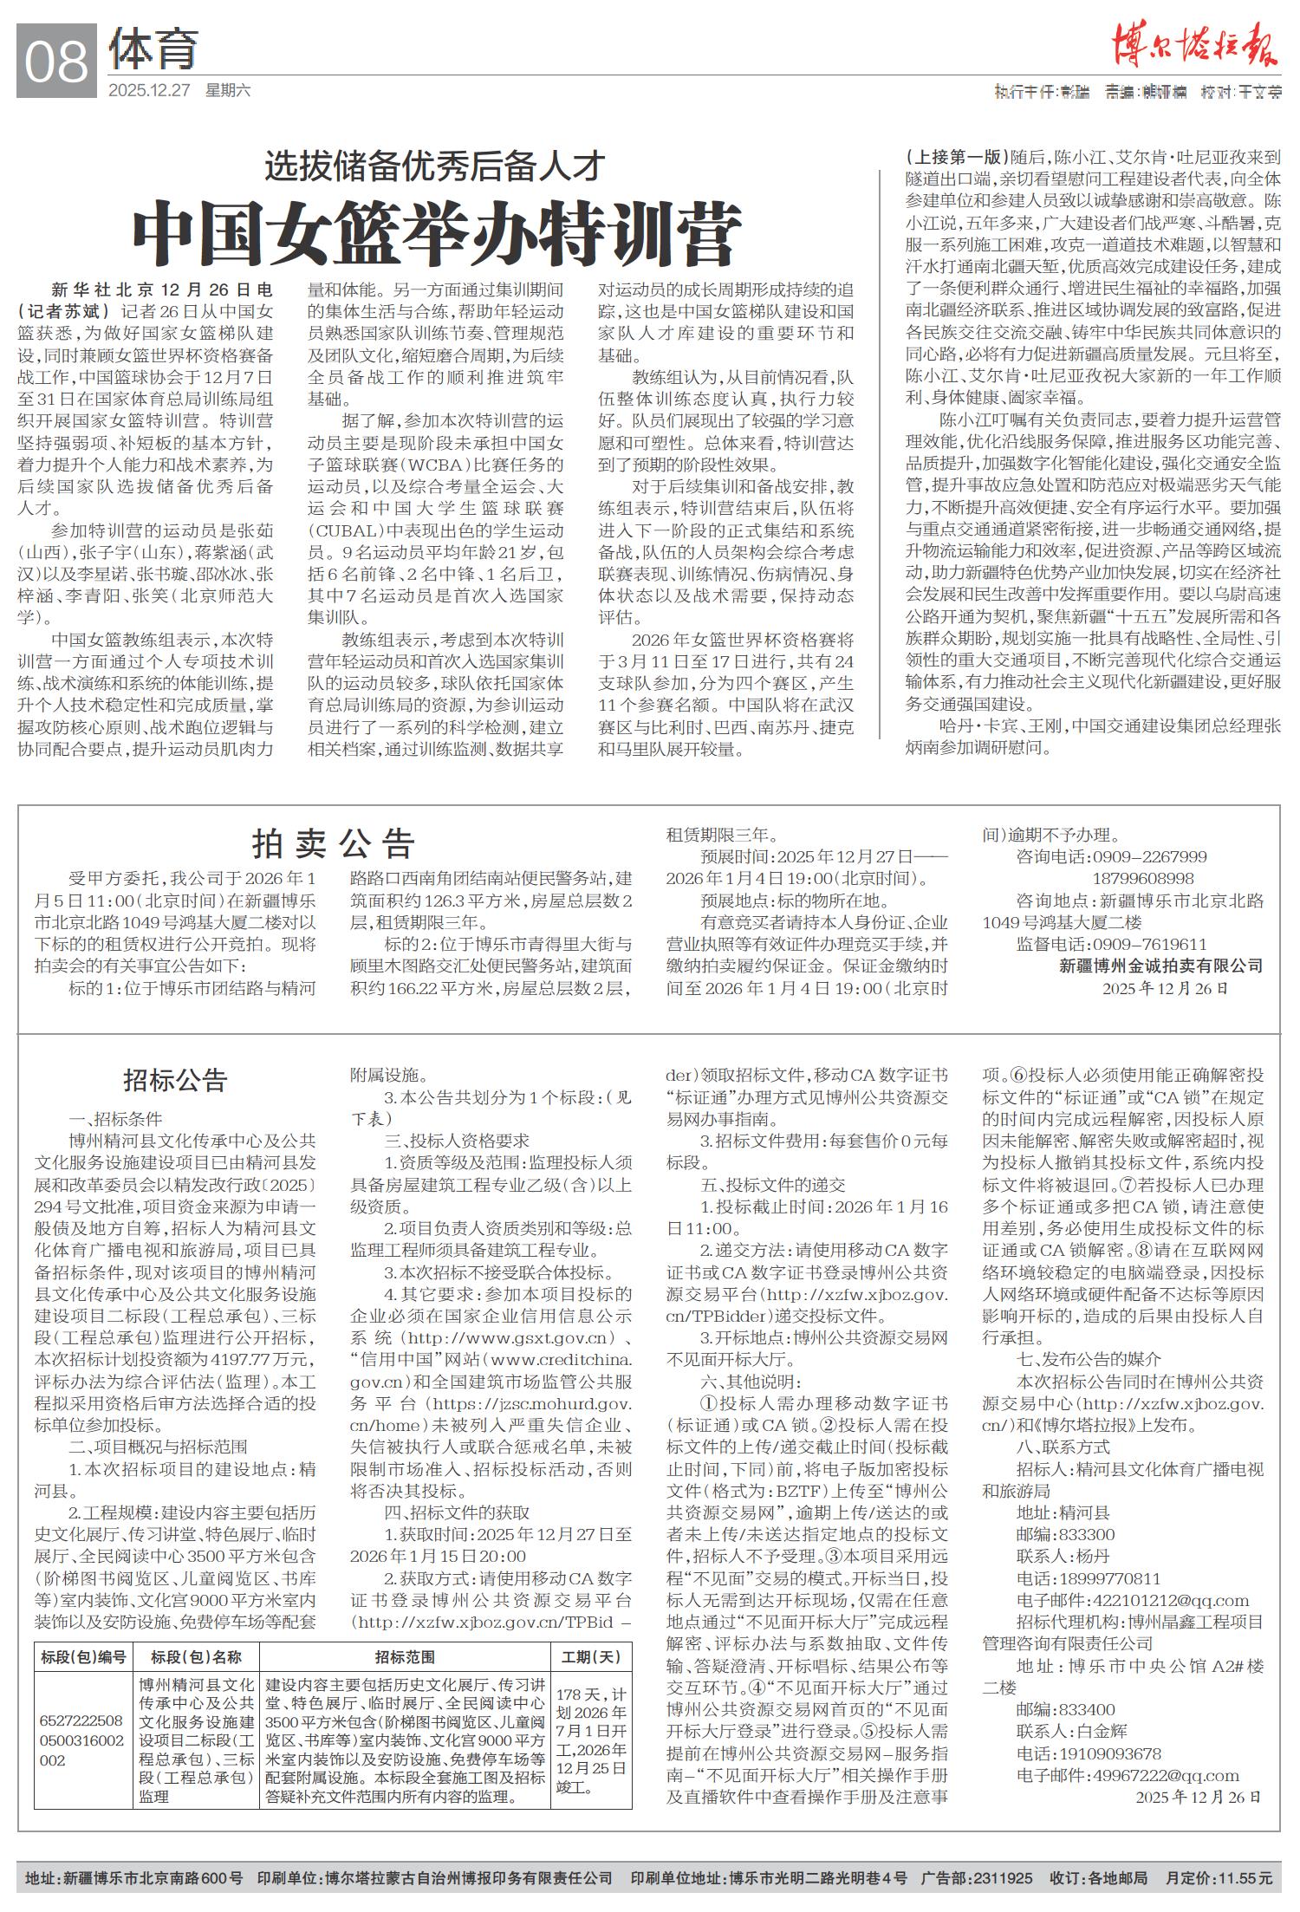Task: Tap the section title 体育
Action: point(153,50)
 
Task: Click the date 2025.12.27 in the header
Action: point(148,90)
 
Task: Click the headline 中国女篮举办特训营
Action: point(437,234)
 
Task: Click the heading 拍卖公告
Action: point(334,842)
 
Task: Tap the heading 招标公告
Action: point(175,1080)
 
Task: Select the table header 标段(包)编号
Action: point(83,1657)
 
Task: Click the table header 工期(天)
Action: point(591,1657)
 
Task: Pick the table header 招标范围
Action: point(405,1657)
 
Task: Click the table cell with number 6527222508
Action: point(81,1720)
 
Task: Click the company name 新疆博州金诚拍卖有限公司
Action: point(1160,966)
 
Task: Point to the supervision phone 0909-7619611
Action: point(1150,944)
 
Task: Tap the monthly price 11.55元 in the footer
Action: point(1246,1878)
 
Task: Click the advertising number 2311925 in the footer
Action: point(1004,1878)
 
